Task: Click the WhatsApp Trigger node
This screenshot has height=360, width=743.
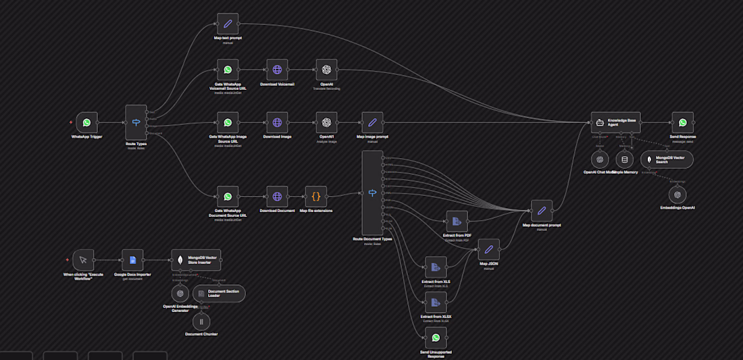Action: pos(86,122)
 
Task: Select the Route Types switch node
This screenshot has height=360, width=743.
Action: pos(136,122)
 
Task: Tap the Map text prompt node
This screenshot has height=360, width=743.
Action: pos(228,24)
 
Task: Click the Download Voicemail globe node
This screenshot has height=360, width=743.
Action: pos(277,70)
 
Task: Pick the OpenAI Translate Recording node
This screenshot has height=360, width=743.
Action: pos(326,70)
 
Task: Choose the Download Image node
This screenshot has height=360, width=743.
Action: pos(277,122)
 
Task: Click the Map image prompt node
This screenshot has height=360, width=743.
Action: pos(371,122)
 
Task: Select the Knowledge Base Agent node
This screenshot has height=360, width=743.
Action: pos(615,122)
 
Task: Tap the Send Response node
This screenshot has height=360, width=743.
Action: pos(682,122)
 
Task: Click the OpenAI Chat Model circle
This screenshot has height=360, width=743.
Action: pos(599,159)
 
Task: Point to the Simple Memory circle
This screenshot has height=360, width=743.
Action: pos(625,159)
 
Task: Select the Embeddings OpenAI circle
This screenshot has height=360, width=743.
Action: pos(677,195)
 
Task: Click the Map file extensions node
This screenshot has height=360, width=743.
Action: pos(315,197)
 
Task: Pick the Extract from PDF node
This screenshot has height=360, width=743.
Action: pos(457,221)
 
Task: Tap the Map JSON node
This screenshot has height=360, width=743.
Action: pos(488,249)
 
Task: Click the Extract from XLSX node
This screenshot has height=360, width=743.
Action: pos(436,302)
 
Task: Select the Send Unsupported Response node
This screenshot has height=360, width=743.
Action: pos(436,338)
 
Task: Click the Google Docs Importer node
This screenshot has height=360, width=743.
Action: pos(132,260)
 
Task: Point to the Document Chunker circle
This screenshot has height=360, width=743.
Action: pos(201,322)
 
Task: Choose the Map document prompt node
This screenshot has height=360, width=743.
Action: pos(541,211)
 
